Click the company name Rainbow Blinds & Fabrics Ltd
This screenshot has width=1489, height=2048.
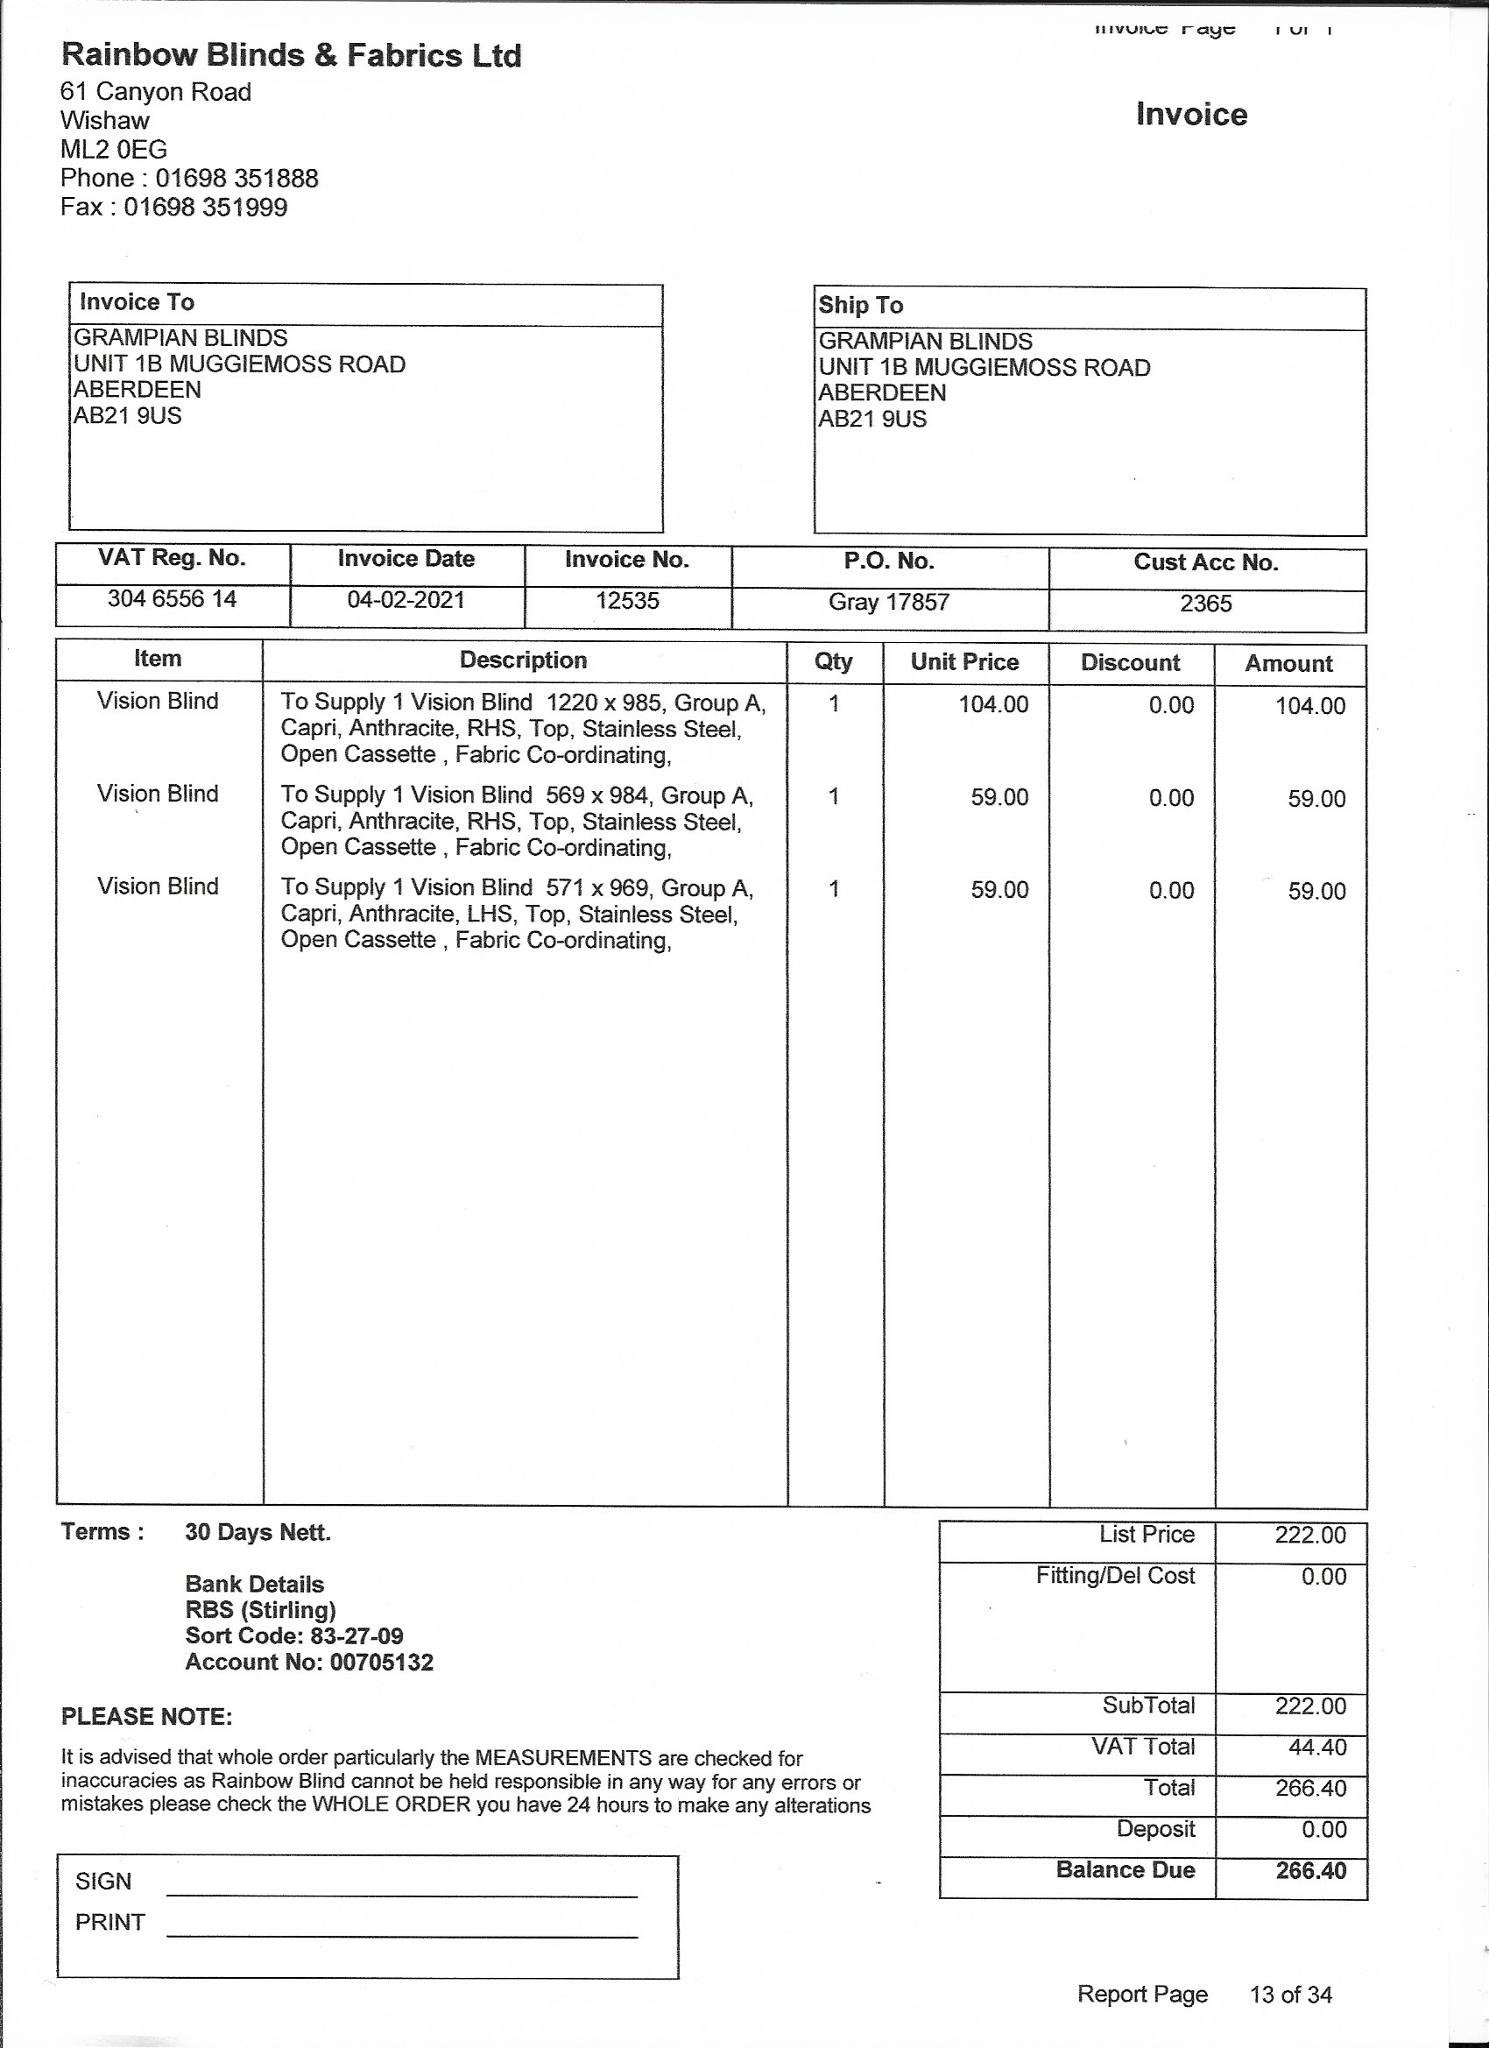291,56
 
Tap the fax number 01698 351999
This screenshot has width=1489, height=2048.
205,208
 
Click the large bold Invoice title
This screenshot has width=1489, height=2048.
1191,115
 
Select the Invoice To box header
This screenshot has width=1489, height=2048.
138,302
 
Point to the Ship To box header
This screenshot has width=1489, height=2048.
860,305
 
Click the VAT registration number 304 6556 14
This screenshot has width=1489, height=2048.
172,598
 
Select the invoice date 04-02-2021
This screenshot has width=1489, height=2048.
406,599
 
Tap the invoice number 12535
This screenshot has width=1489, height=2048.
626,601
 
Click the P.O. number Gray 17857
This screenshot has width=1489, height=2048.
888,603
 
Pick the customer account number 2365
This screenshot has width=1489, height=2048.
1205,604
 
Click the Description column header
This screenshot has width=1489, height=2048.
523,660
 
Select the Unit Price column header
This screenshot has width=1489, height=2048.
964,662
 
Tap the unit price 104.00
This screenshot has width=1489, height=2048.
993,704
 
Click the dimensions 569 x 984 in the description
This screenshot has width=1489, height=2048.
596,795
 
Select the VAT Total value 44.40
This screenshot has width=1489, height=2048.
1316,1747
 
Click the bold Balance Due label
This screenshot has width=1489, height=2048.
1126,1869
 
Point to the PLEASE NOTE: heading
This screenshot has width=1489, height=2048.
146,1717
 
